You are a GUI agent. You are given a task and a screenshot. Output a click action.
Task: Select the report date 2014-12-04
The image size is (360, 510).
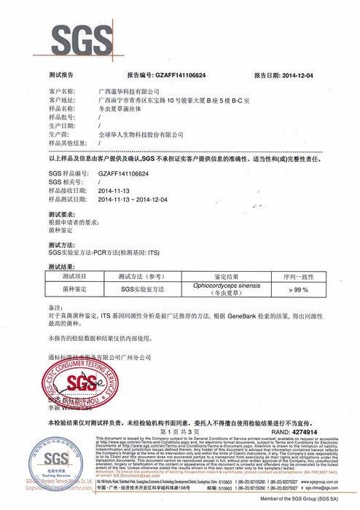click(x=297, y=75)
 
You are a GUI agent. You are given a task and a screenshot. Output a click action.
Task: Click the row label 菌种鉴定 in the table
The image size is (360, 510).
click(x=74, y=290)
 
